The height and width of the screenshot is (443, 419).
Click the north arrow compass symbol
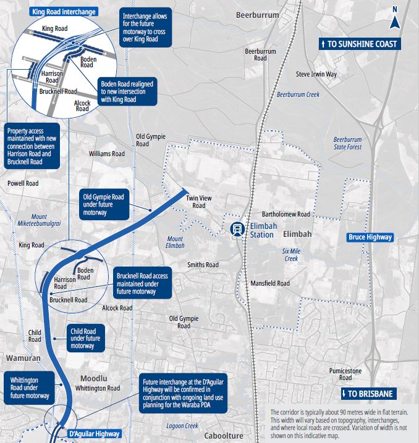tap(395, 19)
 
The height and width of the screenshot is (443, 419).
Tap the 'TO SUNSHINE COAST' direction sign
tap(358, 44)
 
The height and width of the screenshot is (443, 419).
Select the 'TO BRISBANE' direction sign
tap(367, 394)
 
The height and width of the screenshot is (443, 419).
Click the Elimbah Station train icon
tap(236, 229)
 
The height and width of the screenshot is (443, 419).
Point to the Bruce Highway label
tap(370, 237)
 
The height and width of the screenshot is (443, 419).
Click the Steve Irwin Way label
tap(316, 74)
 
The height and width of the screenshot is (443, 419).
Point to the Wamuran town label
tap(23, 358)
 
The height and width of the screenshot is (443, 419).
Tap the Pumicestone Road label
tap(345, 373)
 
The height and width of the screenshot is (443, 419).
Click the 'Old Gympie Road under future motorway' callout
tap(104, 204)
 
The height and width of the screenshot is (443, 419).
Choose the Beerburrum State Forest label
tap(347, 143)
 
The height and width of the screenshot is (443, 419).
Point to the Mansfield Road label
tap(270, 283)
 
